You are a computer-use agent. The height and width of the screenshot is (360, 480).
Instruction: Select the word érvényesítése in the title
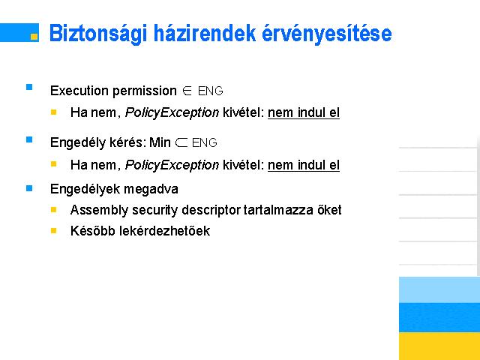pos(327,34)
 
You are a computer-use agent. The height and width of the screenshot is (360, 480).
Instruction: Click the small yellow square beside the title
pos(34,37)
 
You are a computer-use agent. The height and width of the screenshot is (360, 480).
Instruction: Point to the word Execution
pos(79,91)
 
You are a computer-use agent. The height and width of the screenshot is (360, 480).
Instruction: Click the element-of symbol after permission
pos(187,91)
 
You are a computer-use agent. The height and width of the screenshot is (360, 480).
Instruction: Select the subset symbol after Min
pos(181,142)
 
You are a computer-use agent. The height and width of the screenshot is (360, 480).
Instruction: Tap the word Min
pos(160,142)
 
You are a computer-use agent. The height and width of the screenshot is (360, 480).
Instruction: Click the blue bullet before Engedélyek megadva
pos(29,188)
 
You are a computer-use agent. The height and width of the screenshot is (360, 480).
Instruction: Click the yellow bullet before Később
pos(53,230)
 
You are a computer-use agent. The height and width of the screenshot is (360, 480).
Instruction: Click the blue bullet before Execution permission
pos(29,87)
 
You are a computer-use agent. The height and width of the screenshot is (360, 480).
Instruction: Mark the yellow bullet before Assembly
pos(53,210)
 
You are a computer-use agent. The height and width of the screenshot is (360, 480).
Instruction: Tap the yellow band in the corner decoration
pos(439,346)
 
